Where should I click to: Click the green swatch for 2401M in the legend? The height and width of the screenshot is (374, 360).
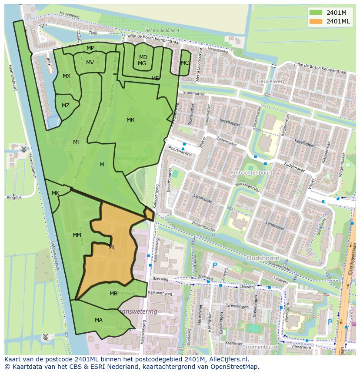[x=316, y=12]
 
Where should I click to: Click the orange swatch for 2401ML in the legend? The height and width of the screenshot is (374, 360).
[x=316, y=21]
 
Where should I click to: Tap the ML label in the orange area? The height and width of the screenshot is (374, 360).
[x=112, y=248]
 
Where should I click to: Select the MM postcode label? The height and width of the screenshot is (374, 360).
[x=77, y=235]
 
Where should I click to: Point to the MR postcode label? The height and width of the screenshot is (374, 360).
[x=130, y=120]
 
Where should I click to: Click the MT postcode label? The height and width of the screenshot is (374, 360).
[x=77, y=142]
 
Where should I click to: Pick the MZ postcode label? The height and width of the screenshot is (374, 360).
[x=66, y=106]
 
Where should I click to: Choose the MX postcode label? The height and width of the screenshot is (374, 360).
[x=67, y=76]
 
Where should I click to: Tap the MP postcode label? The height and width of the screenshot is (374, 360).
[x=90, y=48]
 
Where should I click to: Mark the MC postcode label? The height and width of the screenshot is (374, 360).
[x=185, y=63]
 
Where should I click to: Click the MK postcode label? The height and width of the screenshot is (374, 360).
[x=56, y=193]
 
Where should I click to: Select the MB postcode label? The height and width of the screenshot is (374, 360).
[x=113, y=294]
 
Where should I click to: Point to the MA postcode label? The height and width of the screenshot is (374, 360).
[x=99, y=320]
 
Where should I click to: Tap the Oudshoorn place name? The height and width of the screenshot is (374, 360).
[x=262, y=258]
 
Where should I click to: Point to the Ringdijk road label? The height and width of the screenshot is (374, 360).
[x=14, y=197]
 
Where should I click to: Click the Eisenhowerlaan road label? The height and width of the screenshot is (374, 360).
[x=350, y=261]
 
